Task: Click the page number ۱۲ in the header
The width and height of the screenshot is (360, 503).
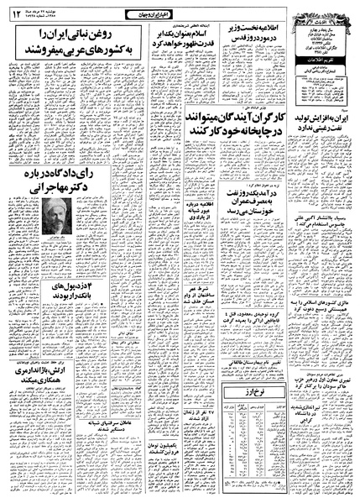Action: tap(14, 11)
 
